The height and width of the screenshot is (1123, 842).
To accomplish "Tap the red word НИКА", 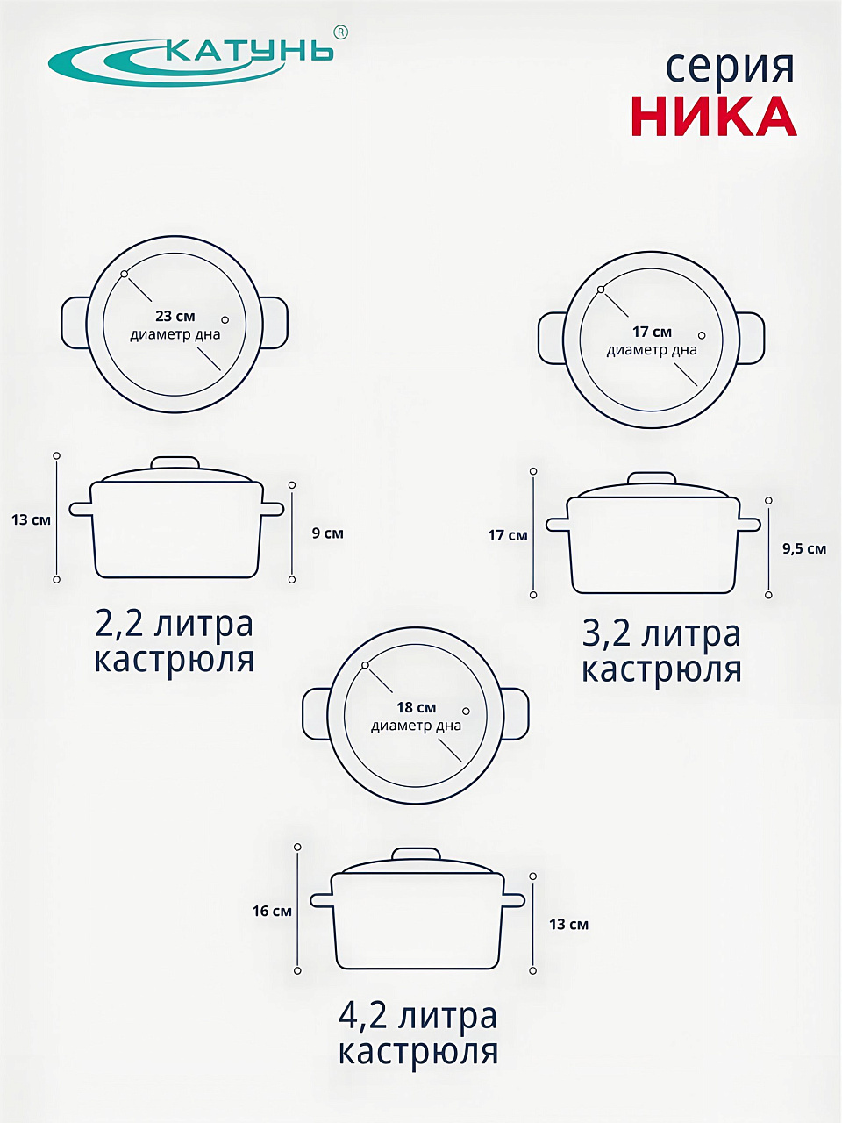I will (714, 117).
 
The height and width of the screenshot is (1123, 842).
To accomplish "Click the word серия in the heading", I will (729, 68).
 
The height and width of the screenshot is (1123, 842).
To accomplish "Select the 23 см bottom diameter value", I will (175, 316).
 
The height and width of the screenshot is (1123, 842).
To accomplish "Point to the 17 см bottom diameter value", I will (652, 332).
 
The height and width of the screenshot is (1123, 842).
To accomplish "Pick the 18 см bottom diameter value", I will (416, 707).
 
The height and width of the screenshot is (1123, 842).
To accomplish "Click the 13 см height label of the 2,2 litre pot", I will (31, 519).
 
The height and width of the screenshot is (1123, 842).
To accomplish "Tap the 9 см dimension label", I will (328, 533).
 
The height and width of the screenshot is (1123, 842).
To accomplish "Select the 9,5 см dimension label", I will (804, 549).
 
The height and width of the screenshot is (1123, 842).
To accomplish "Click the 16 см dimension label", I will (272, 911).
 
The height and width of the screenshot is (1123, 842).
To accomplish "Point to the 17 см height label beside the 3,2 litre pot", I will (508, 535).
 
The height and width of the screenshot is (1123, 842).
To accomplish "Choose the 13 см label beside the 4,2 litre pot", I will (568, 925).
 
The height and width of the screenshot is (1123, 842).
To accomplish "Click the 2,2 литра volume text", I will (175, 624).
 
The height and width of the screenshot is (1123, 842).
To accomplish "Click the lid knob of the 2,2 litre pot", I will (175, 462).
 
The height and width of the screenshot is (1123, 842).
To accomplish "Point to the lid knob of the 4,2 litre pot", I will (416, 854).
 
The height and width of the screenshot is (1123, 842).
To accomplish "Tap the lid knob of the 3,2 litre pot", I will (652, 478).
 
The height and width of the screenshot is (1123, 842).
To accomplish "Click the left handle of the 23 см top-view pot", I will (75, 323).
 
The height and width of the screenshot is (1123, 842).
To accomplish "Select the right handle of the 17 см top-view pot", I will (752, 338).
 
